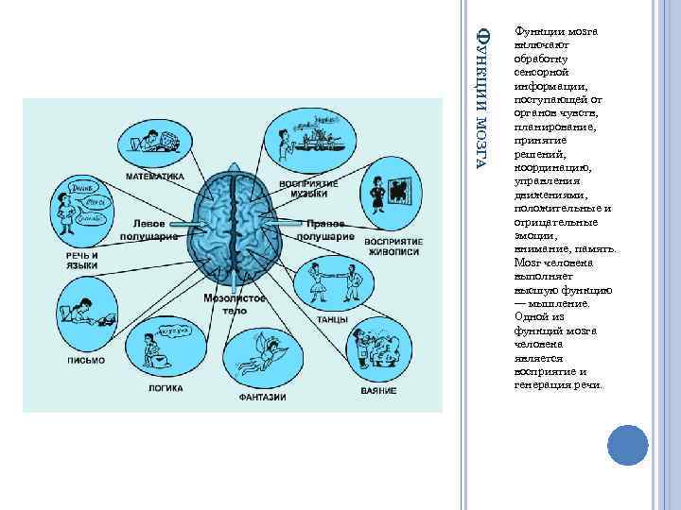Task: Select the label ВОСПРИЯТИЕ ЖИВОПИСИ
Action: (393, 246)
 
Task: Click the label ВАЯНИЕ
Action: (378, 390)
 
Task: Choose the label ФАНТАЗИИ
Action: (261, 396)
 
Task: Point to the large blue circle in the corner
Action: (625, 446)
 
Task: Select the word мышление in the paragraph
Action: (566, 304)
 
